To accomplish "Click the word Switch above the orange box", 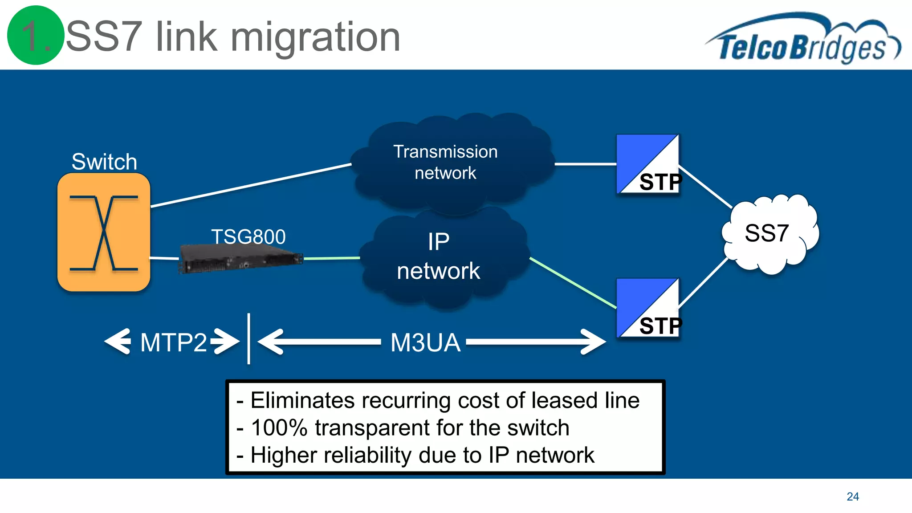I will pyautogui.click(x=104, y=162).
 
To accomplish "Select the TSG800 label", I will pyautogui.click(x=248, y=236).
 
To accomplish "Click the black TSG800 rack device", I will pyautogui.click(x=240, y=260).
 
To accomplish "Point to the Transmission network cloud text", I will pyautogui.click(x=445, y=162).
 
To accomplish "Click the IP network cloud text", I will pyautogui.click(x=439, y=256).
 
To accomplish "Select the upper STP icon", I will pyautogui.click(x=648, y=164).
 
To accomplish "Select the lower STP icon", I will pyautogui.click(x=648, y=308).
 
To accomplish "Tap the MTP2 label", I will pyautogui.click(x=173, y=342).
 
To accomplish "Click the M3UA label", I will pyautogui.click(x=425, y=342).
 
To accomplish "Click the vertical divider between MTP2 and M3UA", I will pyautogui.click(x=248, y=338).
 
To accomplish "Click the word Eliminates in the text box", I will pyautogui.click(x=302, y=400).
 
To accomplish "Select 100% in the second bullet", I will pyautogui.click(x=279, y=427).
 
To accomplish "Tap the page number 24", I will pyautogui.click(x=852, y=497).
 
